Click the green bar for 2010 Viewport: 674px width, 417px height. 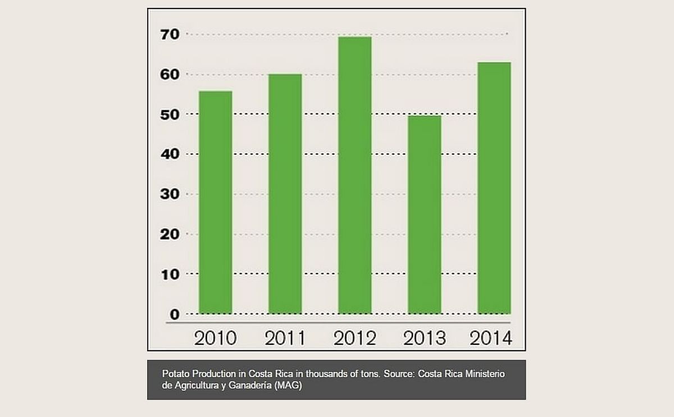click(x=216, y=202)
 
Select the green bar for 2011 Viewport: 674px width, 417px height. click(x=285, y=194)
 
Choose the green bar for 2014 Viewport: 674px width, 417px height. click(x=494, y=187)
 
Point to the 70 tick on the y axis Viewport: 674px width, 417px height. click(x=171, y=34)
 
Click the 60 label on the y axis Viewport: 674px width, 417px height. click(x=171, y=74)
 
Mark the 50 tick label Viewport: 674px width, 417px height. click(x=171, y=114)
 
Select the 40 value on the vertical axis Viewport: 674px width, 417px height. click(x=171, y=154)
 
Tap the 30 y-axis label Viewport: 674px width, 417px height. click(x=171, y=194)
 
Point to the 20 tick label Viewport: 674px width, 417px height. click(x=171, y=234)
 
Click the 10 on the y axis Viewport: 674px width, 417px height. click(x=171, y=274)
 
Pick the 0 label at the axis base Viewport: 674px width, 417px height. click(x=175, y=314)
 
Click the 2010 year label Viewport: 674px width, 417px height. click(x=215, y=338)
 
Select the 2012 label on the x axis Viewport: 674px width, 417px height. click(x=355, y=338)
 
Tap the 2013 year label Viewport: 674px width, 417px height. click(x=425, y=338)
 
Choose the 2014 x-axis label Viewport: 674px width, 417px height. click(x=491, y=338)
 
